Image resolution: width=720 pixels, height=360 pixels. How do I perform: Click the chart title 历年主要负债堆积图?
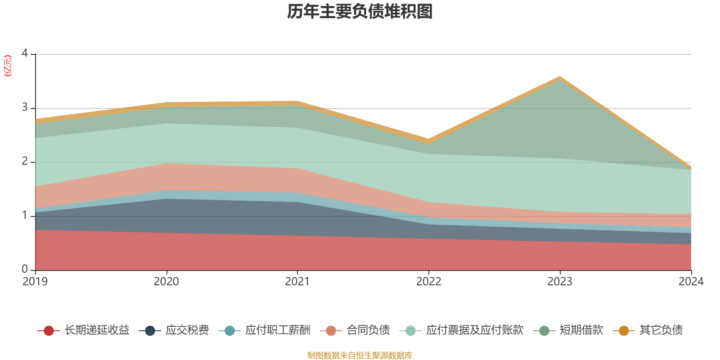coord(360,12)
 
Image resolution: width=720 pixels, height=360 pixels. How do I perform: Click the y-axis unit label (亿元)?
coord(8,66)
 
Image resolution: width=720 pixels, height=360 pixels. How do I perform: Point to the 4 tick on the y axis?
coord(25,54)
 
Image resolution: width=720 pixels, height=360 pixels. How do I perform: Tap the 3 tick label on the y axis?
coord(25,108)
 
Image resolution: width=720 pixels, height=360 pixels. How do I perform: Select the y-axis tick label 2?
coord(25,162)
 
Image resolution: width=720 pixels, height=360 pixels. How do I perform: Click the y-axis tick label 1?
coord(25,216)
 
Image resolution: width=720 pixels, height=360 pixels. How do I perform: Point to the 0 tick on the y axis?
coord(25,269)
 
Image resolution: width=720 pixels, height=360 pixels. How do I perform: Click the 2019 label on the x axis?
coord(35,282)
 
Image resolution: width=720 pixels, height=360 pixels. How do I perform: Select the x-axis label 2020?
coord(166,282)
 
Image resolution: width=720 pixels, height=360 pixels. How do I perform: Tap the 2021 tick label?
coord(297,282)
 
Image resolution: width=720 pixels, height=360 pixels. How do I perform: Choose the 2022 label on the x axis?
coord(429,282)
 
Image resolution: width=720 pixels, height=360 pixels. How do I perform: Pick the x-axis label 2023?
coord(560,282)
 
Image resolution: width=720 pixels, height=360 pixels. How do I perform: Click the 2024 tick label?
coord(691,282)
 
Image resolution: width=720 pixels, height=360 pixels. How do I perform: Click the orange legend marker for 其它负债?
coord(624,331)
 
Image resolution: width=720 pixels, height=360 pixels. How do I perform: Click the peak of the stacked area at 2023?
coord(560,77)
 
